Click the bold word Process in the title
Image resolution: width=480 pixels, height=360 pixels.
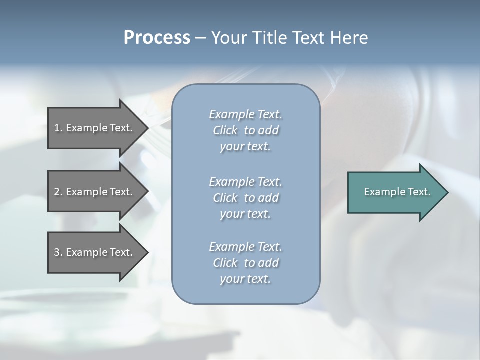pos(157,38)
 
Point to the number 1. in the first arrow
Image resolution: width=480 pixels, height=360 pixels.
pos(58,128)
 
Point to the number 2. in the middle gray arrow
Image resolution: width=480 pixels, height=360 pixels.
pos(58,192)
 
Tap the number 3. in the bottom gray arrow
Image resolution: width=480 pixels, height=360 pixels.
pos(58,252)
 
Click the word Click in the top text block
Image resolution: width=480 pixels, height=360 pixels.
pos(225,130)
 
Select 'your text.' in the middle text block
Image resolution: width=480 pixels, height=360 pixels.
pos(245,214)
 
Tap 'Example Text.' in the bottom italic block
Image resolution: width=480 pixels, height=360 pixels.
pos(245,247)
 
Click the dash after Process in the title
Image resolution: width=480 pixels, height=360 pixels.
pos(201,38)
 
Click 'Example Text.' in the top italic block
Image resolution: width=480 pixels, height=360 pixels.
pos(245,114)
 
